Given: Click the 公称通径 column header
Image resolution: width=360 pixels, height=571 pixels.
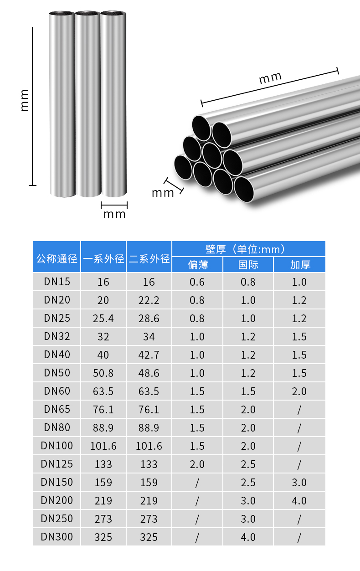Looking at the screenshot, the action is tap(57, 258).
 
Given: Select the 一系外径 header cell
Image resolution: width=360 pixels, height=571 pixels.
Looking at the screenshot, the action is tap(103, 258).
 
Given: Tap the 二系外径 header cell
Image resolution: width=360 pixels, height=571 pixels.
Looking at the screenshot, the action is tap(149, 258).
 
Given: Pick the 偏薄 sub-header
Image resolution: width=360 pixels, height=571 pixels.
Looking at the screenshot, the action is tap(198, 265).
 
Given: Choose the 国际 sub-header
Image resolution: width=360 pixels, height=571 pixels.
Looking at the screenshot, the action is tap(248, 265).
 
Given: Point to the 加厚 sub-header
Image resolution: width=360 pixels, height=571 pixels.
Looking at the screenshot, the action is tap(300, 265).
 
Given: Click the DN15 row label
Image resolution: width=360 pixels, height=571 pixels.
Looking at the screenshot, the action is tap(57, 282).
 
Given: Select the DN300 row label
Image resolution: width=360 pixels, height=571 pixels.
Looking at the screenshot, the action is tap(57, 536).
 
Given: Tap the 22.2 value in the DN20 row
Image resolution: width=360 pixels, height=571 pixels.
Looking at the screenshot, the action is tap(149, 300).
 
